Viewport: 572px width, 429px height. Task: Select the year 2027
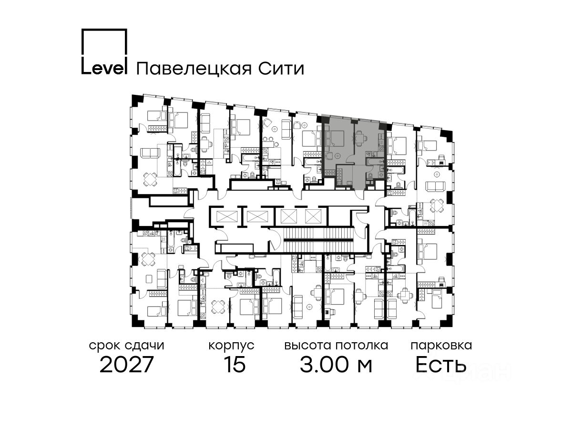tap(127, 365)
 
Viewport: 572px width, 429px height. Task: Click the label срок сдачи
tap(127, 346)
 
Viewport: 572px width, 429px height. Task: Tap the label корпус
tap(232, 346)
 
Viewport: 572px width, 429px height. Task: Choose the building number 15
tap(234, 365)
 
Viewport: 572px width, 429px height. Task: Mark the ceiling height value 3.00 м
tap(336, 365)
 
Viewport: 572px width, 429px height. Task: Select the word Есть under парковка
tap(440, 365)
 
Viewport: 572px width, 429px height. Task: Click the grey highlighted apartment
tap(353, 148)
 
